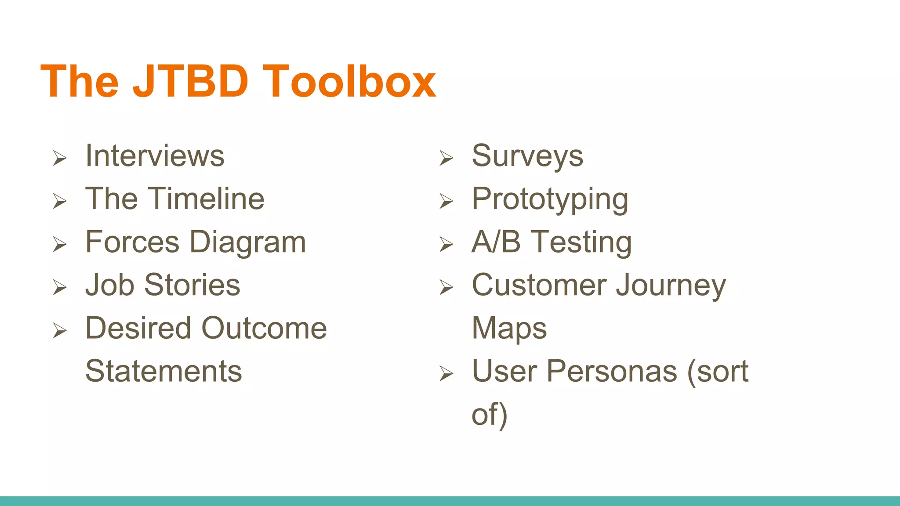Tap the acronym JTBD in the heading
[190, 82]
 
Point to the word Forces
[132, 242]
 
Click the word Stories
[192, 285]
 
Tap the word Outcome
[264, 328]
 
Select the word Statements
[163, 371]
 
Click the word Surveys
[527, 156]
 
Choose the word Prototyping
[550, 200]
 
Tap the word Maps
[509, 329]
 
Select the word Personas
[612, 371]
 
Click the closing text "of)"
[490, 414]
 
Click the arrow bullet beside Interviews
[60, 158]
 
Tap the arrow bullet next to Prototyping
[446, 201]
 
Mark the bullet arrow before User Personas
[446, 374]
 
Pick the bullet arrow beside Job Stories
[60, 287]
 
